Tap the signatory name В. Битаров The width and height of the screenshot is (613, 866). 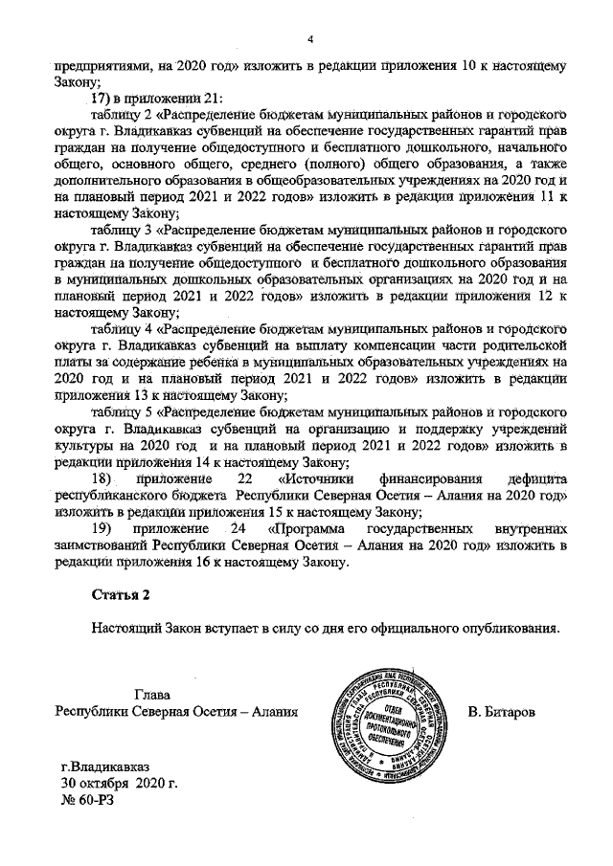[508, 713]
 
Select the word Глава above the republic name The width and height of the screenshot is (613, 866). [152, 697]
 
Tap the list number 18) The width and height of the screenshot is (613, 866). [102, 478]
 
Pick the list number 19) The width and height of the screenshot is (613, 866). [102, 528]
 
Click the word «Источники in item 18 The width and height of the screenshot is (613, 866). [316, 478]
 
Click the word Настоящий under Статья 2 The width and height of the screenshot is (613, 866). [127, 630]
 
